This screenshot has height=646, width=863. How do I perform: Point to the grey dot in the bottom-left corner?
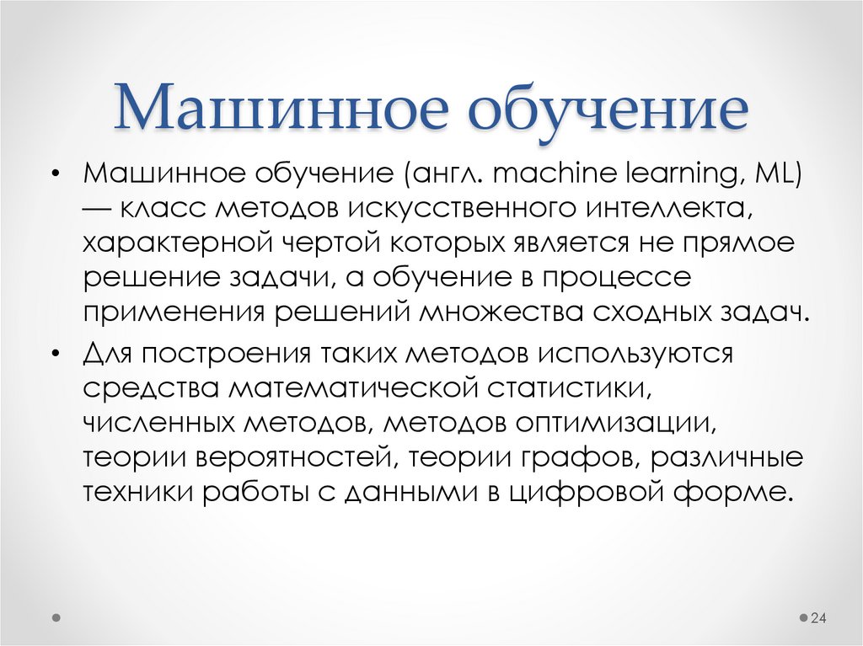pos(56,617)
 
